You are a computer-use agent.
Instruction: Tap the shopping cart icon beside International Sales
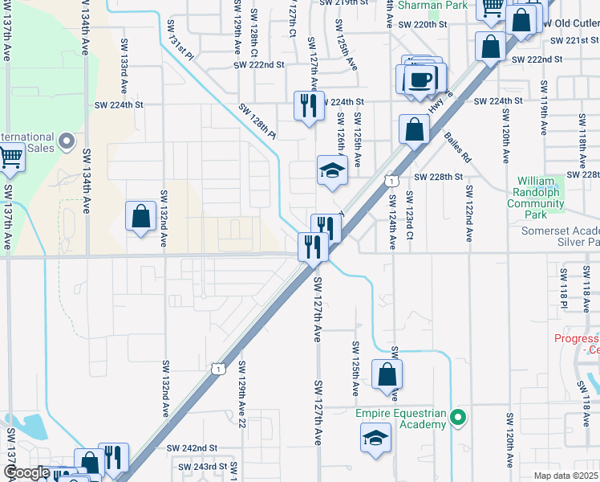tap(10, 158)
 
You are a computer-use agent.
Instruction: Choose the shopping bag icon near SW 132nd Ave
tap(141, 216)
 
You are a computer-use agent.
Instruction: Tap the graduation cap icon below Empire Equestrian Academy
tap(375, 439)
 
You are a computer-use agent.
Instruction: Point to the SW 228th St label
tap(439, 177)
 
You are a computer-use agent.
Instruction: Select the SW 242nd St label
tap(192, 447)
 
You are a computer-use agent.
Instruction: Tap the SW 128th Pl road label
tap(256, 120)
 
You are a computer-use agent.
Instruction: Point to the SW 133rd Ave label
tap(124, 63)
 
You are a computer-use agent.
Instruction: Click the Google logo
tap(26, 473)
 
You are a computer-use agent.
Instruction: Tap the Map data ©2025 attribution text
tap(566, 476)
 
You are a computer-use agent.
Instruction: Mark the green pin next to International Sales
tap(67, 141)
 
